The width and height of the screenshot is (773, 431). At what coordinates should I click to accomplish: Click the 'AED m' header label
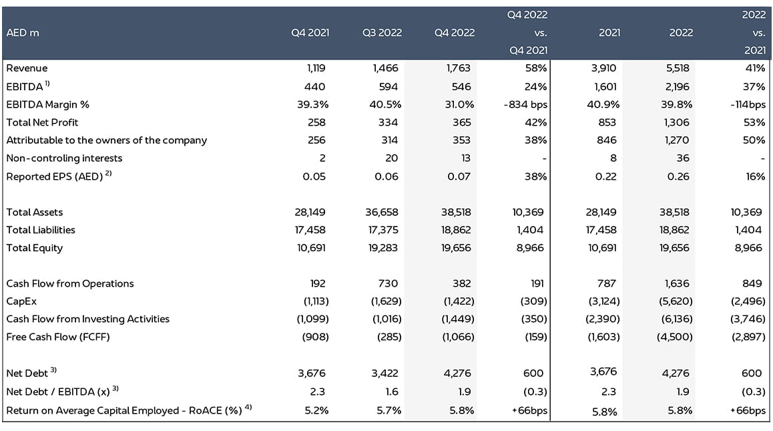(23, 33)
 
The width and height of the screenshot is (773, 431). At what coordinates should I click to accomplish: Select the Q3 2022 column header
(382, 33)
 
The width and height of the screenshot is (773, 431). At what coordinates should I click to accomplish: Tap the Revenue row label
(27, 68)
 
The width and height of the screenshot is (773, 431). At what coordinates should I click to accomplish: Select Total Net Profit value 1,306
(679, 122)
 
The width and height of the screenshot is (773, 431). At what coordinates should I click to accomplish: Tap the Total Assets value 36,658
(383, 212)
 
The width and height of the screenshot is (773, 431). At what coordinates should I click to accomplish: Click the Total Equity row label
(34, 248)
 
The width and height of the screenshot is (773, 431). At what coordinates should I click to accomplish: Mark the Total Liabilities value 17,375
(383, 230)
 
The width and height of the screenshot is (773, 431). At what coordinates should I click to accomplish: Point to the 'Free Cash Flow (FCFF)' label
(57, 337)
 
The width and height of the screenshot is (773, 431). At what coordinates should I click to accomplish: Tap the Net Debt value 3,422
(386, 373)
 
